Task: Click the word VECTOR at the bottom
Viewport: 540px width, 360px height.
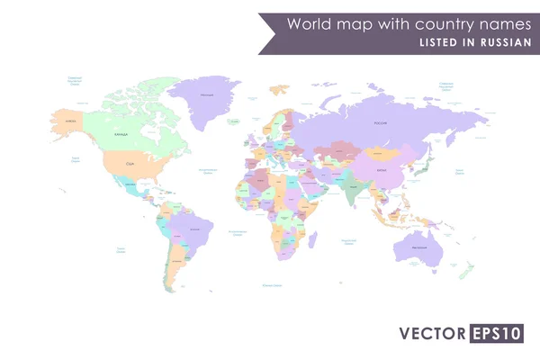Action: coord(434,334)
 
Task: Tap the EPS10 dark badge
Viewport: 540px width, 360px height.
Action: coord(496,334)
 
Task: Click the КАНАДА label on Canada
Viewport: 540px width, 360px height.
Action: coord(121,133)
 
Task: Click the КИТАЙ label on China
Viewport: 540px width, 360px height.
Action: coord(382,170)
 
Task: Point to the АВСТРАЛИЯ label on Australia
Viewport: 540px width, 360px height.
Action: coord(419,247)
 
